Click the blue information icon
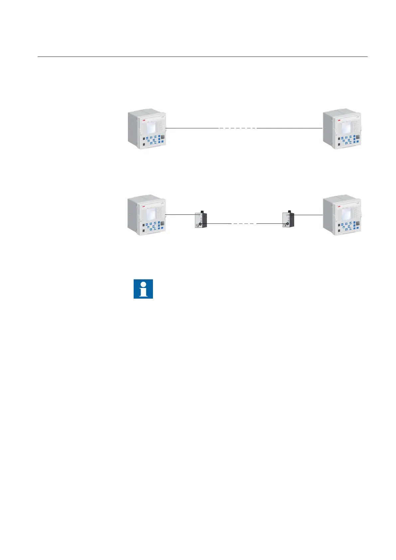pyautogui.click(x=143, y=289)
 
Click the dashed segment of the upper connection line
pyautogui.click(x=237, y=128)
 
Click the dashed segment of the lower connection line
pyautogui.click(x=244, y=224)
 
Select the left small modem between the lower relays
pyautogui.click(x=201, y=219)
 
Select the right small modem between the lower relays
pyautogui.click(x=288, y=219)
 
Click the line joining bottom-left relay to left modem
pyautogui.click(x=180, y=215)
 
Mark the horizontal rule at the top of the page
pyautogui.click(x=202, y=57)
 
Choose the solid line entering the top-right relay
pyautogui.click(x=289, y=128)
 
